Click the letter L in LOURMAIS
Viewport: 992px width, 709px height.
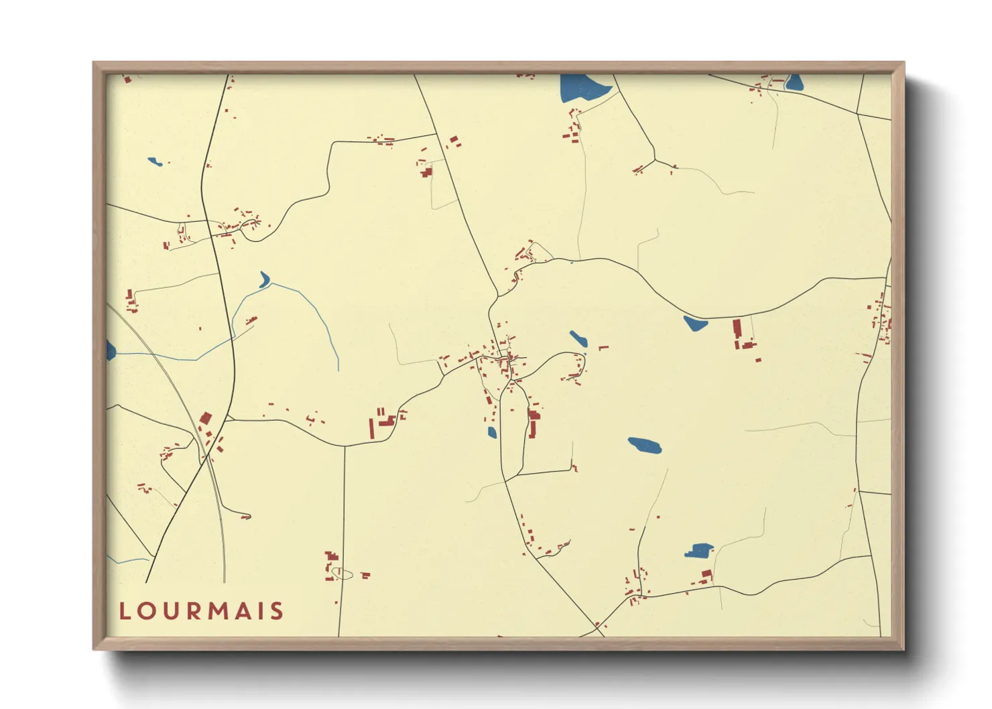125,611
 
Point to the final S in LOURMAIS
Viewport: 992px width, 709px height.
277,611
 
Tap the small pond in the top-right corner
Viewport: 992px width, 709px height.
794,82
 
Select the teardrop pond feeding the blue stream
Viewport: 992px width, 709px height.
264,279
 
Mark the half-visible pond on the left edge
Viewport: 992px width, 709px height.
111,350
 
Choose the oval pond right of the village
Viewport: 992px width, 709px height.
645,445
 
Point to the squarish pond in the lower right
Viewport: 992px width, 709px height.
699,551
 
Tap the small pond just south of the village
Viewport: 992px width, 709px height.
492,432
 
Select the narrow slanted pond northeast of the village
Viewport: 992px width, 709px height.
578,338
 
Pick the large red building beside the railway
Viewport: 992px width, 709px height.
206,419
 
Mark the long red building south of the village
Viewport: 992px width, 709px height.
534,424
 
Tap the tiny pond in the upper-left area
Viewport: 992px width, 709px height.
155,162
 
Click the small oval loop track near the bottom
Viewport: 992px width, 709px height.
343,574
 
